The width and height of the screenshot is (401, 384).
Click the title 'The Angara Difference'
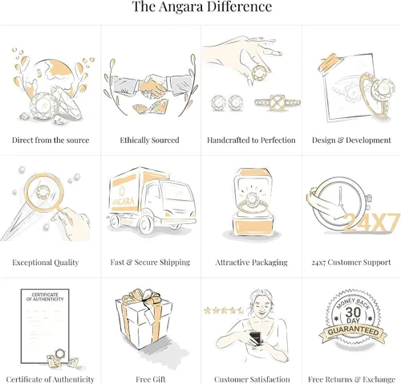coord(202,6)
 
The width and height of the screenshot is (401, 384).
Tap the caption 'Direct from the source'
coord(51,140)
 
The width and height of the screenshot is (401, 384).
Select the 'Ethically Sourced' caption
coord(149,140)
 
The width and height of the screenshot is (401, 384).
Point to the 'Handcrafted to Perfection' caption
coord(251,140)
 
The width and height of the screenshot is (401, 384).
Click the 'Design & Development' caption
coord(351,140)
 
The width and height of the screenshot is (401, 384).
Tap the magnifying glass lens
coord(44,192)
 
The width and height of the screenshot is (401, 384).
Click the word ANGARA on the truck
coord(123,201)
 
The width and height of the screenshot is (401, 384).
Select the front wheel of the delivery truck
coord(146,224)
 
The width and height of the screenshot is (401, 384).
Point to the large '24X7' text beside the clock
coord(371,223)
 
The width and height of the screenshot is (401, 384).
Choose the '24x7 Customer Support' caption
coord(351,262)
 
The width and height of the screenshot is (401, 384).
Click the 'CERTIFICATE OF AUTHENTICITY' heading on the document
coord(45,297)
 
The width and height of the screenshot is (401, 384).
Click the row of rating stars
coord(224,310)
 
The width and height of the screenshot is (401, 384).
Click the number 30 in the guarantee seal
coord(353,313)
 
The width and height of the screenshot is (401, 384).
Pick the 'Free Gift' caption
coord(151,379)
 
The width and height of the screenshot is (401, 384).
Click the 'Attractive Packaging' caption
coord(251,262)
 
